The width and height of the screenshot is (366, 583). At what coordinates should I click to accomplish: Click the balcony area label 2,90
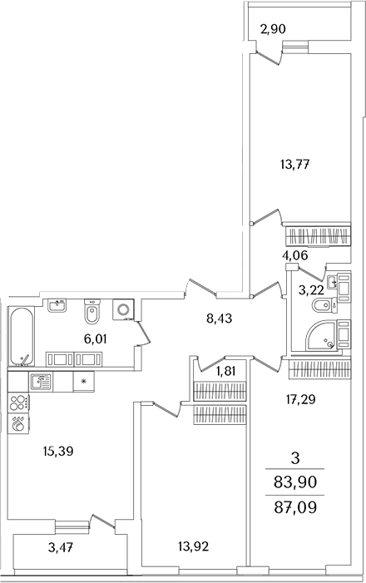tap(274, 30)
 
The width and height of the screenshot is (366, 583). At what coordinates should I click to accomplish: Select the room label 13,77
tap(294, 163)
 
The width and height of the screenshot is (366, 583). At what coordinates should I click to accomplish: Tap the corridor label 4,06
tap(295, 255)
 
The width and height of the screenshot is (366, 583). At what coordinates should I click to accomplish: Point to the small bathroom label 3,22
tap(310, 289)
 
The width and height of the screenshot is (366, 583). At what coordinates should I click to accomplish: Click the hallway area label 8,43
tap(220, 316)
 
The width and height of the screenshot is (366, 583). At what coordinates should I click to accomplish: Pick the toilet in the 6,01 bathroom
tap(93, 314)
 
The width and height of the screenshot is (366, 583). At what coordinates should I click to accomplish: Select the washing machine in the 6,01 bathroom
tap(124, 310)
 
